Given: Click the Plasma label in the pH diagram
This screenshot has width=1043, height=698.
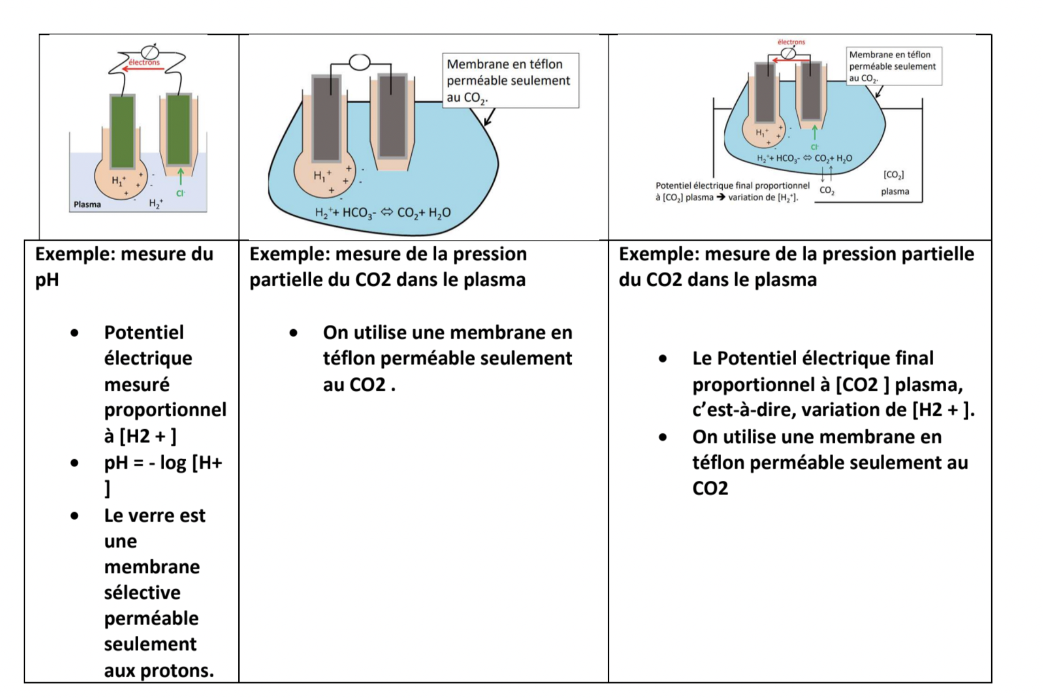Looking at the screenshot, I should click(87, 204).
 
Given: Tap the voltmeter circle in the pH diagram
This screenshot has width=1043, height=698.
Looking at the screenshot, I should click(150, 52).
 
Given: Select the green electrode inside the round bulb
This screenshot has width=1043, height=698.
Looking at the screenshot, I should click(123, 131).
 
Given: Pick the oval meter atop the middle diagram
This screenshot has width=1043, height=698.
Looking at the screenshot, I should click(360, 63).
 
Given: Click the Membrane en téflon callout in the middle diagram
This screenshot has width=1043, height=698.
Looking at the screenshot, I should click(510, 80).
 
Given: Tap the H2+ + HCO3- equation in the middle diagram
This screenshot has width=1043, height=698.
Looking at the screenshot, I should click(382, 213).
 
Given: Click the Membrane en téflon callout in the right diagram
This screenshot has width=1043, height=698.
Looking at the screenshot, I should click(893, 66).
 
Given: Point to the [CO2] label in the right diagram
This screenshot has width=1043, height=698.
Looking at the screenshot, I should click(893, 175).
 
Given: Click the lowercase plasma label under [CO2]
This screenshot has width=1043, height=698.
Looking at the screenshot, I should click(895, 192).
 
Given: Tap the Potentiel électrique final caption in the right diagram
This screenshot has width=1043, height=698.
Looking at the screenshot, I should click(732, 191).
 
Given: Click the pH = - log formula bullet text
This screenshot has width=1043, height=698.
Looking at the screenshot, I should click(163, 463).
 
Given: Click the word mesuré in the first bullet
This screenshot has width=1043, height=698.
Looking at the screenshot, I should click(137, 384).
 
